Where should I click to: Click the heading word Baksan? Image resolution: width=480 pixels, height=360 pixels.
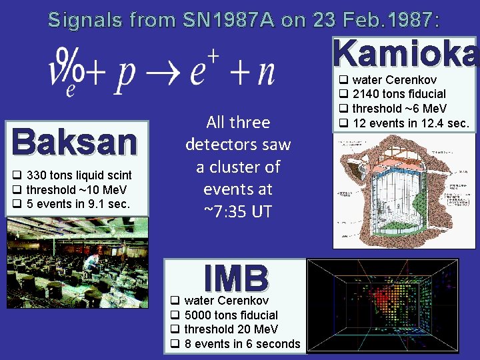tap(74, 141)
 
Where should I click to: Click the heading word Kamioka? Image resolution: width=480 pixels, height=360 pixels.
tap(406, 53)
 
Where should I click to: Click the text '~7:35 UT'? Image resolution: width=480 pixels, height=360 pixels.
tap(238, 211)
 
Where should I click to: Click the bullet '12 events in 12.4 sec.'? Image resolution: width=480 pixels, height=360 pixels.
tap(410, 123)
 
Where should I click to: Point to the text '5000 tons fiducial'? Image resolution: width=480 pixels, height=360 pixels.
tap(231, 315)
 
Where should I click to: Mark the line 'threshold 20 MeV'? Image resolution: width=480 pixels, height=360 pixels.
tap(231, 329)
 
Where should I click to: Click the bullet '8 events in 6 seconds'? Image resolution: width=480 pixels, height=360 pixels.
tap(242, 344)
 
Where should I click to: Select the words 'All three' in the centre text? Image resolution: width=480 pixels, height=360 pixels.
tap(238, 122)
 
